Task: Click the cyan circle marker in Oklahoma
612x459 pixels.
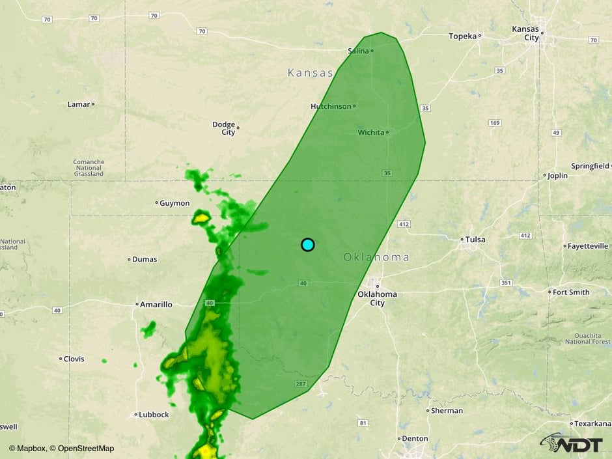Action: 308,245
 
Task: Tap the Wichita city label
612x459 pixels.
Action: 371,132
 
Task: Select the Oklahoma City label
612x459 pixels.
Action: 377,298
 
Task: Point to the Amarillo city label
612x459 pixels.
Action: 156,304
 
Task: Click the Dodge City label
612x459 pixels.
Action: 223,128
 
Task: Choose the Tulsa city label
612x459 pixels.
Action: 475,240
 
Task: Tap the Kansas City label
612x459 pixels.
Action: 525,33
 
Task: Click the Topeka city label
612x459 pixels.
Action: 463,36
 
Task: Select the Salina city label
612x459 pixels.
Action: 358,51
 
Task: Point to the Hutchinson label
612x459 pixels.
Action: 331,106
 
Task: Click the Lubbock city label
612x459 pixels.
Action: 154,415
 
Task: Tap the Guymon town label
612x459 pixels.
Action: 175,203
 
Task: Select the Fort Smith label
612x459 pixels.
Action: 571,292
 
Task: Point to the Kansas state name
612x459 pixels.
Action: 311,73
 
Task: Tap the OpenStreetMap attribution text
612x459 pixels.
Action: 86,449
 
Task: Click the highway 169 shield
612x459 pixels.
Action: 495,123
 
